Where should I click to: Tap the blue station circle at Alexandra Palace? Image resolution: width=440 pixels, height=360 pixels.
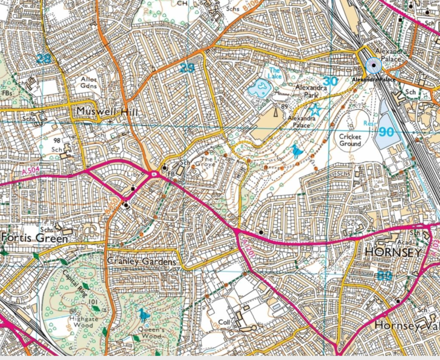[374, 66]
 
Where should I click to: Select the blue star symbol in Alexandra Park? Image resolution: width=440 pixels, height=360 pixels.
[315, 110]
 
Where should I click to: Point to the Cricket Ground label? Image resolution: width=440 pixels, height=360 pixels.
[349, 141]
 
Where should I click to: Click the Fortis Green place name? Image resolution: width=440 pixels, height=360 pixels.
[34, 238]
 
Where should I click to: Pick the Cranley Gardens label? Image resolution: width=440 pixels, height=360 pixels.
[141, 262]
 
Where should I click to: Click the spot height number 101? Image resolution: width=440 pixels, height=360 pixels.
[93, 302]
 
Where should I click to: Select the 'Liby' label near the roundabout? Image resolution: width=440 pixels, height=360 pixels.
[131, 175]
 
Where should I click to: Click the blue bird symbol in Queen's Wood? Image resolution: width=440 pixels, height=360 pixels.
[142, 315]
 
